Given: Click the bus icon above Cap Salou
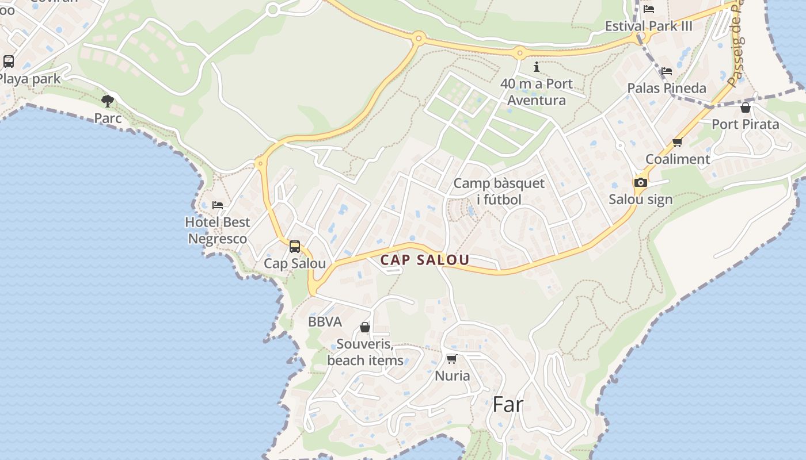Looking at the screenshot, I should pos(295,247).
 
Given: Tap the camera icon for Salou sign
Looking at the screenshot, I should pos(640,183).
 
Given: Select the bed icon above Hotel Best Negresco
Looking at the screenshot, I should pos(218,205).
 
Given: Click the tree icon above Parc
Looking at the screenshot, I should pos(108,101).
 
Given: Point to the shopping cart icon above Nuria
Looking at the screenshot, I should pos(451,359).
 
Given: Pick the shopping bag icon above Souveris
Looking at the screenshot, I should pos(365,327).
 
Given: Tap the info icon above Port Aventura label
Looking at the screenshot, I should pos(537,67).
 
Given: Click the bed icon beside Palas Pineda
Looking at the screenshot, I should pos(667,71).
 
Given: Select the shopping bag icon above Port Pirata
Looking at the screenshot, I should pos(746,108).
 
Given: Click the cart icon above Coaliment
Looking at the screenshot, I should pos(678,143).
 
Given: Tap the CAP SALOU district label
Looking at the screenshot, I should pos(425,260).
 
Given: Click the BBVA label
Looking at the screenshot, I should pos(325,322).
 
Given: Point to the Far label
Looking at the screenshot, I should pos(508,404).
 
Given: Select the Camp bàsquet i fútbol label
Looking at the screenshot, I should pos(499,191).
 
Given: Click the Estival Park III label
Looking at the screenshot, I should pos(649,26).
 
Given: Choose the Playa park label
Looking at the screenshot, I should pos(30,79).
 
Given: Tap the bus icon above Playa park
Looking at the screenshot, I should pos(9,61).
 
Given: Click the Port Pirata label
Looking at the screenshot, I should pos(745,124).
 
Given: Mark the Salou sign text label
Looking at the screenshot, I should pos(641,200).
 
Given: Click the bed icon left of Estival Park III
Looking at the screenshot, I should pos(649,9).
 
